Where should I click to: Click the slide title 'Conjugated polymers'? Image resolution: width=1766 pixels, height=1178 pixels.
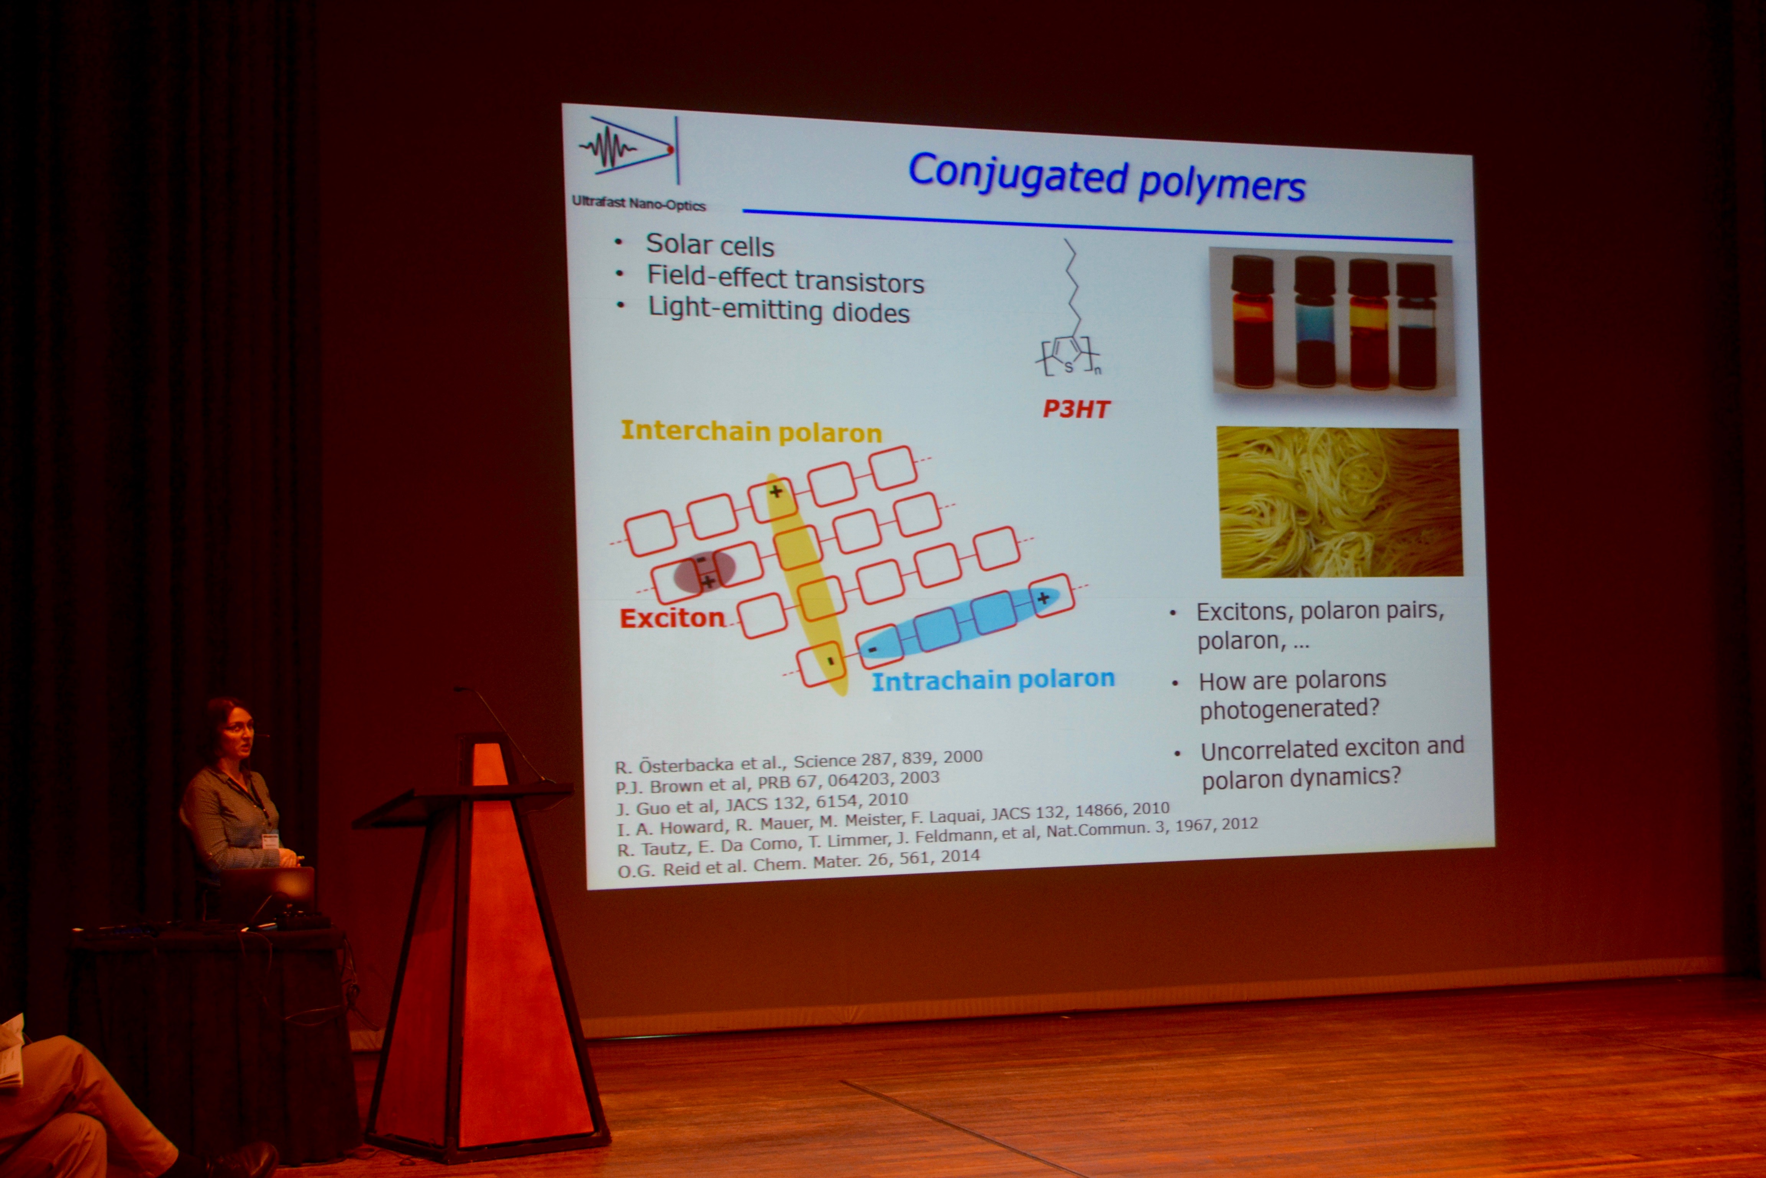1107,177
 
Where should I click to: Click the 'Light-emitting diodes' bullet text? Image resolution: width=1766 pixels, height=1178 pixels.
779,309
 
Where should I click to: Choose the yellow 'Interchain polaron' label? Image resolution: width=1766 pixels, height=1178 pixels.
751,431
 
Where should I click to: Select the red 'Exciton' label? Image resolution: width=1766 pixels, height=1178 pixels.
672,617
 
